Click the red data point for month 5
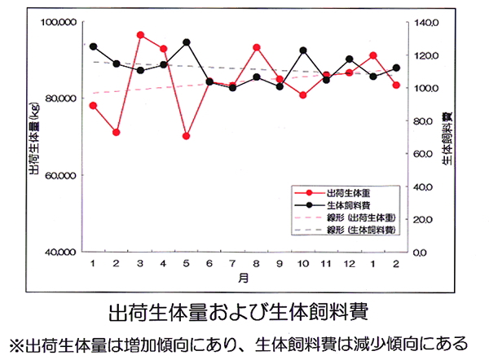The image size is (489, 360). pos(187,136)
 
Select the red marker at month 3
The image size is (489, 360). pos(140,35)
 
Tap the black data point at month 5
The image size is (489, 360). pos(187,42)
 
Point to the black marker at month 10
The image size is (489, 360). pos(303,50)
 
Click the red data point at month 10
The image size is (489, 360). pos(303,95)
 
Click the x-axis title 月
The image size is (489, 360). pos(244,279)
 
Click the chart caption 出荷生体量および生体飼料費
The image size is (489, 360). pos(244,312)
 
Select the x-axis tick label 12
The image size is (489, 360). pos(350,263)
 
